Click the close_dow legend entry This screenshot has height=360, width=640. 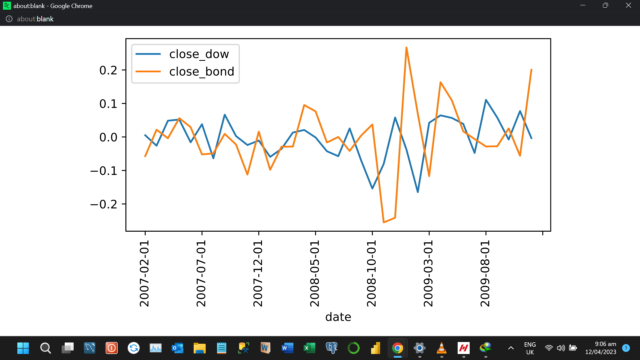coord(199,54)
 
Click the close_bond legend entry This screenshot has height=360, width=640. coord(202,72)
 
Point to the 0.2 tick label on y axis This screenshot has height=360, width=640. coord(108,70)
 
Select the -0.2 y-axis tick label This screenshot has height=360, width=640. coord(104,204)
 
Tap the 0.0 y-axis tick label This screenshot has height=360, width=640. coord(108,137)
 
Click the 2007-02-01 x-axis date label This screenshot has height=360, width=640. coord(144,273)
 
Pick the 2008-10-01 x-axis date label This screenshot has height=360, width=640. coord(371,273)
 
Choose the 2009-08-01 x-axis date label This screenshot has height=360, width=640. coord(485,273)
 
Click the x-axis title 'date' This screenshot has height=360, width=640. coord(338,317)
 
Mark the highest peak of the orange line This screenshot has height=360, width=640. coord(406,48)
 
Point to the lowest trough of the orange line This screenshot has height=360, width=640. coord(384,222)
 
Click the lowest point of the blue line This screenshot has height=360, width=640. coord(418,192)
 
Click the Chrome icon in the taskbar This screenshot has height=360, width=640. coord(397,348)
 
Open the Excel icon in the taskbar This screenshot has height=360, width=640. coord(309,348)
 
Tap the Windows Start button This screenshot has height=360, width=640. coord(23,348)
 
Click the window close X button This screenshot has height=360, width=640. coord(628,5)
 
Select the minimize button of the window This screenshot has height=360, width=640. coord(583,5)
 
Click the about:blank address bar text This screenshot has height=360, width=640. coord(35,19)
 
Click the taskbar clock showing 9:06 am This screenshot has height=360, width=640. coord(601,348)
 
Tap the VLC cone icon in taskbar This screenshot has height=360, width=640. coord(441,348)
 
